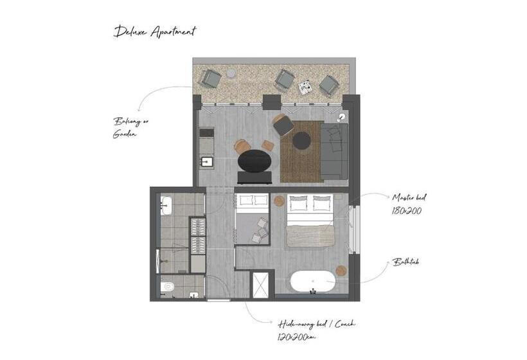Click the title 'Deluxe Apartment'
point(155,32)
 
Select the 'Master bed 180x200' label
point(407,204)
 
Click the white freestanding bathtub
point(312,282)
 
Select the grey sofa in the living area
point(334,150)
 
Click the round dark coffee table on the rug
point(301,140)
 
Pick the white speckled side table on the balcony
point(305,86)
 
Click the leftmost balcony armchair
point(210,78)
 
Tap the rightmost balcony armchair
point(328,85)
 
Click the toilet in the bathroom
point(168,287)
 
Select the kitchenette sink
point(206,160)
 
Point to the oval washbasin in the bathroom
point(166,206)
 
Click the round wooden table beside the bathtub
point(341,271)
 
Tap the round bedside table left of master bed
point(279,201)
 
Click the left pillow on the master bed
point(299,204)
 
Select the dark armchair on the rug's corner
point(283,125)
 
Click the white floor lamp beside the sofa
point(341,117)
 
